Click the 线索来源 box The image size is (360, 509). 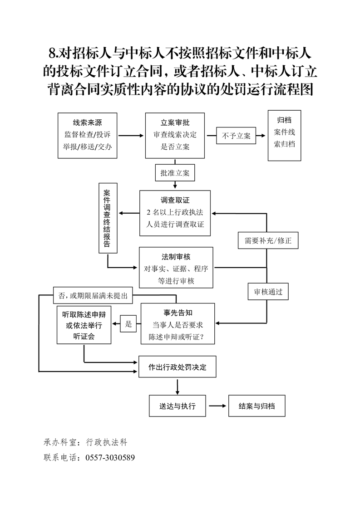tap(88, 135)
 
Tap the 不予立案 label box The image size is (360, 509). tap(236, 136)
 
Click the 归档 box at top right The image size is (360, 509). tap(285, 135)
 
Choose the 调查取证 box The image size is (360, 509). tap(175, 213)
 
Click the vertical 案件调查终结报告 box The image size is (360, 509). tap(107, 218)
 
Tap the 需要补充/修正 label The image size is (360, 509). tap(268, 240)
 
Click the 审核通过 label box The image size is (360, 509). tap(268, 292)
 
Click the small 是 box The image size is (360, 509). tap(128, 324)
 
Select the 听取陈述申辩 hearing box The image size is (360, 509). tap(84, 325)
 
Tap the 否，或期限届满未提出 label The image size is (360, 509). tap(93, 296)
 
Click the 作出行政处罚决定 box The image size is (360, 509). tap(177, 367)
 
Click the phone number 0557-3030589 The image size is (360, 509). tap(110, 457)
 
